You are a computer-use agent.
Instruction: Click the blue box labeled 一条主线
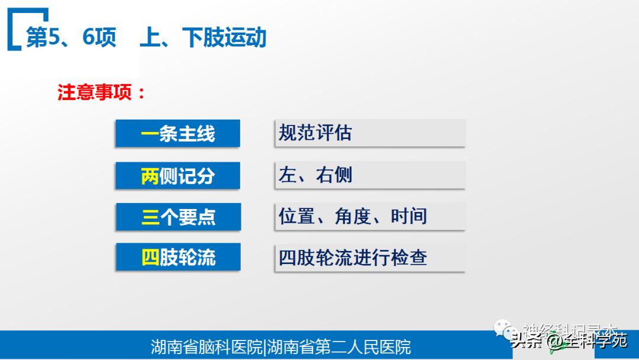(177, 133)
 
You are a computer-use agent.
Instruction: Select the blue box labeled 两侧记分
(177, 175)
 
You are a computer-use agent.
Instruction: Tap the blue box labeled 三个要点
(178, 217)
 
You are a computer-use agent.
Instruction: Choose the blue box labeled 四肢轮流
(178, 258)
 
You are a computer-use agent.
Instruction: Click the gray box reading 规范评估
(370, 133)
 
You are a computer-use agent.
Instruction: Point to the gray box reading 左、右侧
(370, 175)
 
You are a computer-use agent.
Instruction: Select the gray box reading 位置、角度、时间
(370, 216)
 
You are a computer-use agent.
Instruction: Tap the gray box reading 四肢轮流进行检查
(370, 258)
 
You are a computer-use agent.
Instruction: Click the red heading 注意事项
(101, 93)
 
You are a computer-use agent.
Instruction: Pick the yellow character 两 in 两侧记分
(150, 176)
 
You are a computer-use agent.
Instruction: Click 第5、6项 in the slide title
(71, 38)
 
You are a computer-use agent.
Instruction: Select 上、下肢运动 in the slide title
(203, 38)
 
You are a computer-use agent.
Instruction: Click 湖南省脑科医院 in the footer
(206, 347)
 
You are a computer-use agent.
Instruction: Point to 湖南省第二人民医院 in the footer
(339, 347)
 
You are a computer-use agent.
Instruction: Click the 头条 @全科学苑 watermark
(569, 341)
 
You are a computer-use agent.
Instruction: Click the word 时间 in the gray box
(409, 216)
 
